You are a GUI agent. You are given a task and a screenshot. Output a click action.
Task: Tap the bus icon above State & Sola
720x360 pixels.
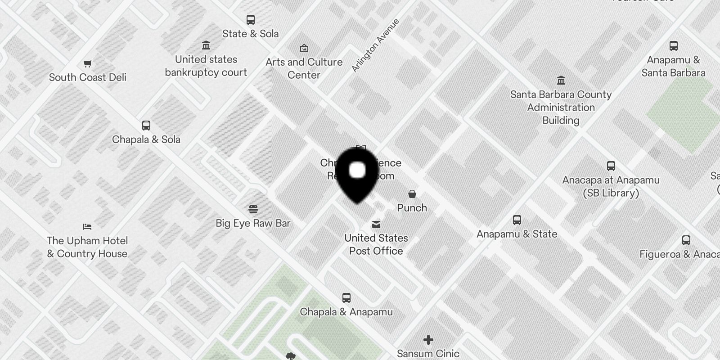coord(251,20)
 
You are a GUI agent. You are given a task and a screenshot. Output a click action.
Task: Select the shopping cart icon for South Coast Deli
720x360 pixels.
coord(88,63)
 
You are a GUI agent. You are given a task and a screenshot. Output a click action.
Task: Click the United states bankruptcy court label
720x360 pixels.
coord(206,66)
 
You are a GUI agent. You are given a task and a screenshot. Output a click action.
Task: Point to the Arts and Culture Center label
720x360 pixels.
coord(304,68)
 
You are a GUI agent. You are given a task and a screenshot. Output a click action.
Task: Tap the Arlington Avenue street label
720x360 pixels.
coord(375,45)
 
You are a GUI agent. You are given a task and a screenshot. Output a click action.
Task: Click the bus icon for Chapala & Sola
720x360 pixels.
coord(146,126)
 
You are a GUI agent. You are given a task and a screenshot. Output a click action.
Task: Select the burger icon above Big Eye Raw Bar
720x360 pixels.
coord(253,209)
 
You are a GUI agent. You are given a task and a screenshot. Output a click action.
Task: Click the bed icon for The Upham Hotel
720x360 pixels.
coord(87,227)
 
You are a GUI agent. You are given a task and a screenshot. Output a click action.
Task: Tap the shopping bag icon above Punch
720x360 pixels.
coord(412,194)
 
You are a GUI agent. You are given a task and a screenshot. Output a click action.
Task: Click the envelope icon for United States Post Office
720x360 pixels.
coord(376,224)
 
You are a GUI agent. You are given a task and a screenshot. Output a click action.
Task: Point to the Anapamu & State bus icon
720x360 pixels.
coord(517,220)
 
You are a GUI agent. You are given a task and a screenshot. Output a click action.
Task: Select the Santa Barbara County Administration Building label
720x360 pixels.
coord(561,108)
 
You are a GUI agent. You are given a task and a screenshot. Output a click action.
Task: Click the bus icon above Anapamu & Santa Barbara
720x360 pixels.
coord(674,46)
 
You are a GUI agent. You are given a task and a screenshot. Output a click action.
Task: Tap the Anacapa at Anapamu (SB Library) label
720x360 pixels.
coord(611,186)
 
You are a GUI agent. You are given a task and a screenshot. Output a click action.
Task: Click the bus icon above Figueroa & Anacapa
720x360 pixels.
coord(686,240)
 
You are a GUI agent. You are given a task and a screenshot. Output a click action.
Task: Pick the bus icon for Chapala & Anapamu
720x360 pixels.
coord(346,298)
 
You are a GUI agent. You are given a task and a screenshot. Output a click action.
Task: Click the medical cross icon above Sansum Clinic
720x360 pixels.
coord(428,340)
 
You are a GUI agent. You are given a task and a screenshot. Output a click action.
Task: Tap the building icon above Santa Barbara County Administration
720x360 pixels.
coord(561,81)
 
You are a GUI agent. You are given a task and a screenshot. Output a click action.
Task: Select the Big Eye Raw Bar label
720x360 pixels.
coord(253,223)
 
